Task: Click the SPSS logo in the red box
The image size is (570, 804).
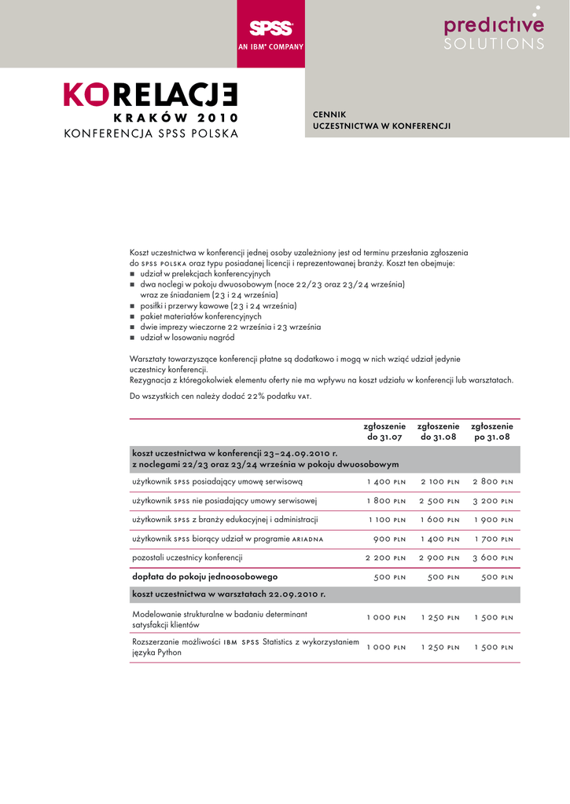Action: pyautogui.click(x=270, y=29)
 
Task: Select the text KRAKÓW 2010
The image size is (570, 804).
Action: pyautogui.click(x=175, y=118)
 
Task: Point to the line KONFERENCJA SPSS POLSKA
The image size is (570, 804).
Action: pyautogui.click(x=150, y=133)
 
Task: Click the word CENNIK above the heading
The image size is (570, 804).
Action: pyautogui.click(x=330, y=115)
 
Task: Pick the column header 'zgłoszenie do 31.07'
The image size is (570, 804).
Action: pyautogui.click(x=384, y=431)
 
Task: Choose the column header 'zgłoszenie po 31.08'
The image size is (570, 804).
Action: pyautogui.click(x=491, y=431)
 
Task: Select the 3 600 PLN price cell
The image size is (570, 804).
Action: pyautogui.click(x=492, y=558)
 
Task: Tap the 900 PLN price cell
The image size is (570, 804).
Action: pyautogui.click(x=389, y=539)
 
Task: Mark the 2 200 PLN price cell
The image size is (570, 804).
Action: pyautogui.click(x=385, y=558)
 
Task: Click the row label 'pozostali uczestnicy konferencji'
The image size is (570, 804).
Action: pyautogui.click(x=187, y=557)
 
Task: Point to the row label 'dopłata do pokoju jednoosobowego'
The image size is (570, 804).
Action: pyautogui.click(x=205, y=576)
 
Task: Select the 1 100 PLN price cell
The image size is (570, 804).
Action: pyautogui.click(x=387, y=520)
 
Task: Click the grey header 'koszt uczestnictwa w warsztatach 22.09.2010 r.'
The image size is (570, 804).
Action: pyautogui.click(x=229, y=594)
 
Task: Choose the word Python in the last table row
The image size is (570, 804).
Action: pyautogui.click(x=169, y=652)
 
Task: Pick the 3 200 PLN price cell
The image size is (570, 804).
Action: pyautogui.click(x=492, y=501)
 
